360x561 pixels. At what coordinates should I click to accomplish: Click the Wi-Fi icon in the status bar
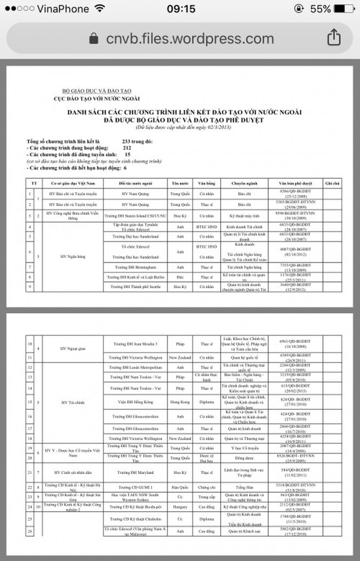[x=99, y=9]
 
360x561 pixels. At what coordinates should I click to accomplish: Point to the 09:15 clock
[x=181, y=9]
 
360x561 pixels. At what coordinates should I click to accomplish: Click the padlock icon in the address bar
[x=94, y=39]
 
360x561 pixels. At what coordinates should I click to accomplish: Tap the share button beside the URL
[x=333, y=38]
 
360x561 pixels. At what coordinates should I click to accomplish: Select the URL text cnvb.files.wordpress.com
[x=190, y=39]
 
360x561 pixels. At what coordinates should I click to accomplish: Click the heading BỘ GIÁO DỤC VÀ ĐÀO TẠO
[x=96, y=91]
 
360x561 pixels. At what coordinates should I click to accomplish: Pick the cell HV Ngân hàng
[x=71, y=256]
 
